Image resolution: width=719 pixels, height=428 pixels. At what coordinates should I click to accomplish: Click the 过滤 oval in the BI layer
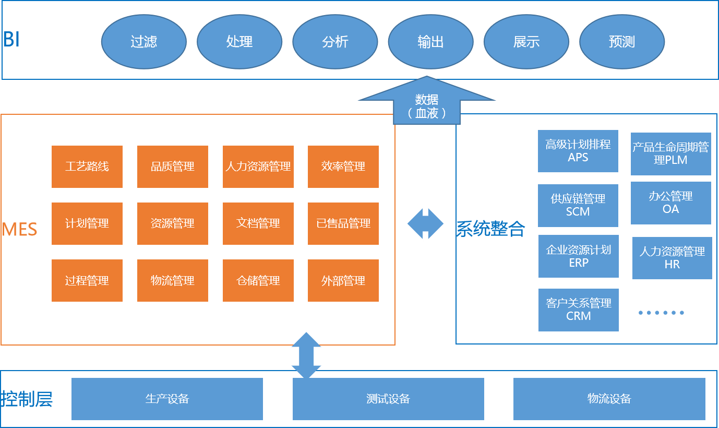click(143, 42)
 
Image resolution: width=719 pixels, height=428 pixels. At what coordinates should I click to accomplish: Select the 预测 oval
click(622, 42)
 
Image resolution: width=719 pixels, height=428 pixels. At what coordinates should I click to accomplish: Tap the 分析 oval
click(335, 42)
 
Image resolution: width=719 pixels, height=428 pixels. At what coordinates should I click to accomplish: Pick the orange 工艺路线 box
click(87, 167)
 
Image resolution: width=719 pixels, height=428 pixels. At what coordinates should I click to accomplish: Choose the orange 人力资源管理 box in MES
click(258, 167)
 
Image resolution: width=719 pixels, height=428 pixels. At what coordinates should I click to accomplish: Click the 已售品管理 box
click(343, 223)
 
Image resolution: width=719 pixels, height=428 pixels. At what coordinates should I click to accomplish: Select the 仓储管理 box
click(258, 281)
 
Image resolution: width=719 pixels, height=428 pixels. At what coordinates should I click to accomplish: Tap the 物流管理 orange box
click(173, 281)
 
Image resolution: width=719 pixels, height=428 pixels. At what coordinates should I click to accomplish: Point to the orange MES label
click(20, 229)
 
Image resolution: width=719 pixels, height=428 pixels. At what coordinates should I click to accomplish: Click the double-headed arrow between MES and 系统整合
click(426, 223)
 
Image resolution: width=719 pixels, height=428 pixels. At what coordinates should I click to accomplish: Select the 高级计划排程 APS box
click(578, 151)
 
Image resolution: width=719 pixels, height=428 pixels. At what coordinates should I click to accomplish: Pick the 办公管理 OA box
click(670, 203)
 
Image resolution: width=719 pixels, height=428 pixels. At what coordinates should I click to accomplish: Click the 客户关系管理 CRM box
click(579, 310)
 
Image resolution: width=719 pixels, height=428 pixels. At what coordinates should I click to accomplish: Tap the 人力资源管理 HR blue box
click(672, 258)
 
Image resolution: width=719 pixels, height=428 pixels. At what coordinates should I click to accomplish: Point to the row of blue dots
click(661, 313)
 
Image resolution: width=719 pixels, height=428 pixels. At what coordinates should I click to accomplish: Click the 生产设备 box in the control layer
click(167, 399)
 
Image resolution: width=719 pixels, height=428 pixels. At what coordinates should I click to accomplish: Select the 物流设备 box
click(609, 399)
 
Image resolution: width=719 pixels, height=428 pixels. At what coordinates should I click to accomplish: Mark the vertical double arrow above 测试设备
click(306, 355)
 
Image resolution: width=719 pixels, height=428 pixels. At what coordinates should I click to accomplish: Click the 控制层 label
click(27, 399)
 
